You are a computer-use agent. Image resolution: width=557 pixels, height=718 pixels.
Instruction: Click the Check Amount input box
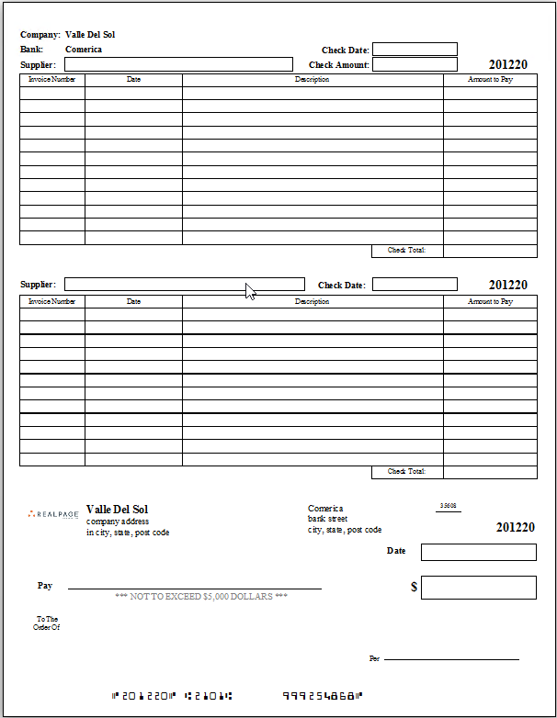click(415, 64)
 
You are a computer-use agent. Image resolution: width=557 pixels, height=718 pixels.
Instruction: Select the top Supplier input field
click(178, 64)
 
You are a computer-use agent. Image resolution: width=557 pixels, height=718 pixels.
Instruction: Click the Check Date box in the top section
click(415, 50)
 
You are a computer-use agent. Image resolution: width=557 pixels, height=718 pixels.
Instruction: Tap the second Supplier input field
click(184, 285)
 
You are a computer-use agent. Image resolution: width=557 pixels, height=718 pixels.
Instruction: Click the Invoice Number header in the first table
click(52, 80)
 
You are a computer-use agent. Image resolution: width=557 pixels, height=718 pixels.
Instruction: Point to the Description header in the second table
click(313, 301)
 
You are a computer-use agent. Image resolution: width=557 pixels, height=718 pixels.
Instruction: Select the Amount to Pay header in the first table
click(490, 80)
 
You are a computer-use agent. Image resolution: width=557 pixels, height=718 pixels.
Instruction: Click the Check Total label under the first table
click(407, 251)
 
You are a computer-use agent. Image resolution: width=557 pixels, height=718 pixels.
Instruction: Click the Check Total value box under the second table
click(490, 472)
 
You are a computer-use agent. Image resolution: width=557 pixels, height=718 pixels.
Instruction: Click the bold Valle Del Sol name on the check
click(117, 510)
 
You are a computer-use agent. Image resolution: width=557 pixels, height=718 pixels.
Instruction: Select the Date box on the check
click(478, 552)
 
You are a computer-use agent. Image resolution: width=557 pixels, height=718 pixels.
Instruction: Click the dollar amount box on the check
click(478, 588)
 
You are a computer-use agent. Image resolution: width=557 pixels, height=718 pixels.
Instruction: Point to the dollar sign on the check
click(414, 587)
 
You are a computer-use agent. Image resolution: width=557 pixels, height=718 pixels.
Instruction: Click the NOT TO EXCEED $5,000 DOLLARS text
click(201, 597)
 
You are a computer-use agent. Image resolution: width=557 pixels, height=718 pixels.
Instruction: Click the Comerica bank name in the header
click(84, 50)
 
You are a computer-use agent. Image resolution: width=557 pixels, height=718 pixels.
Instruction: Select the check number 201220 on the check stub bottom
click(515, 527)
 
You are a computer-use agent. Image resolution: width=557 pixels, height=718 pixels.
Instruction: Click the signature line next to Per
click(450, 659)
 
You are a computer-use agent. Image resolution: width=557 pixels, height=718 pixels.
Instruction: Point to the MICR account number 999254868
click(322, 695)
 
